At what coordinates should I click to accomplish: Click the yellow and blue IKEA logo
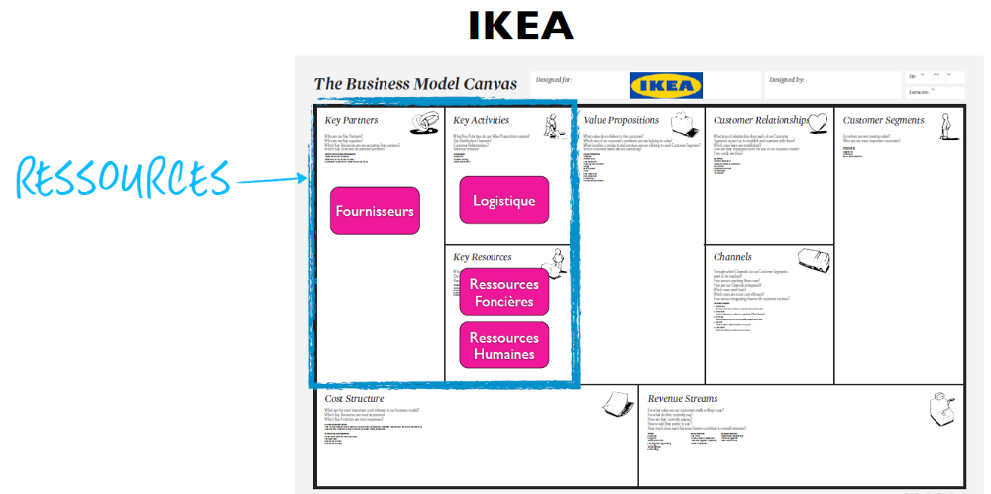click(662, 85)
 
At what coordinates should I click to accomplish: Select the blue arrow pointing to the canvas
click(272, 180)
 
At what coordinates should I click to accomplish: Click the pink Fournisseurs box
click(375, 211)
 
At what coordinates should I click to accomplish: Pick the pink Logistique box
click(503, 200)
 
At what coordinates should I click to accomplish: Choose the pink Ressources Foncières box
click(503, 293)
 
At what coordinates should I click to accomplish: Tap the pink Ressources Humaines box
click(503, 346)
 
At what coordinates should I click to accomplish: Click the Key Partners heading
click(351, 121)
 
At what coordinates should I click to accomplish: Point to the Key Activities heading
click(483, 121)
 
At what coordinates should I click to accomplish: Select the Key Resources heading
click(483, 257)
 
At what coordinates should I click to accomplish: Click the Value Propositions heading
click(621, 121)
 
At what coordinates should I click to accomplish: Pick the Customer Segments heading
click(883, 121)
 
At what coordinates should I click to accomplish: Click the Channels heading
click(732, 257)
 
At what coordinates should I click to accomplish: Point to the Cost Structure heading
click(354, 398)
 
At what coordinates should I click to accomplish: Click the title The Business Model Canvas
click(415, 84)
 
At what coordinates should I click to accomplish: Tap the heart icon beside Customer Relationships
click(818, 123)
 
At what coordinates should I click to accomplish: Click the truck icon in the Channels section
click(813, 259)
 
